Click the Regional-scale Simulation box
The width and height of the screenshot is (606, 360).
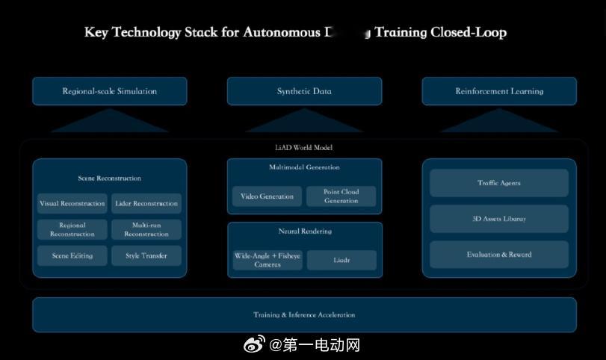pos(109,91)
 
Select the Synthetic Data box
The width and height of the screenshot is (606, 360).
pos(304,91)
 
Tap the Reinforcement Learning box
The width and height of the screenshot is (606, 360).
pos(499,91)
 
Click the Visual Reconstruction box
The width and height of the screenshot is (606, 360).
pos(72,203)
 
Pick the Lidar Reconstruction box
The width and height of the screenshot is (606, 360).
pos(146,203)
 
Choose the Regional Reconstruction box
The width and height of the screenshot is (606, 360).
pos(72,229)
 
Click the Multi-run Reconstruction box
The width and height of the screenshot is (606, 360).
pos(146,229)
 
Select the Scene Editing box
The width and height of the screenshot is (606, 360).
pos(72,255)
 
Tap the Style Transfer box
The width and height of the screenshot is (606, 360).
pos(146,255)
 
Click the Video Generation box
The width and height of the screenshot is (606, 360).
pos(267,196)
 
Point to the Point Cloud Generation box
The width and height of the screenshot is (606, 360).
pos(341,196)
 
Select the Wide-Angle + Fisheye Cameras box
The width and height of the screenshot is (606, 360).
pos(267,260)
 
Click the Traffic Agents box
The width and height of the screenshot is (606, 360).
pos(499,183)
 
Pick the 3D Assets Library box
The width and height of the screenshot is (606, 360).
pos(499,219)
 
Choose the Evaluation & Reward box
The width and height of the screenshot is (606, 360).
pos(499,255)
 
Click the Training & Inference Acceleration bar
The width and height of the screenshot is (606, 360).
pos(304,314)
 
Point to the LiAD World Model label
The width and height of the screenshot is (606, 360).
pos(304,147)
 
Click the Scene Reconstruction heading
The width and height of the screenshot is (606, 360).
pos(109,179)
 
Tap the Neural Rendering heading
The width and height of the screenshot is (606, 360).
pos(304,232)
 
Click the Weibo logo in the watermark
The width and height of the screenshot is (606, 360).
pos(255,345)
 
